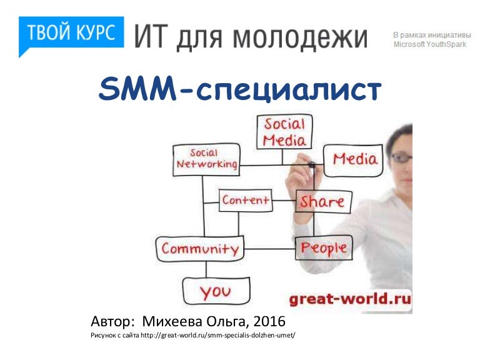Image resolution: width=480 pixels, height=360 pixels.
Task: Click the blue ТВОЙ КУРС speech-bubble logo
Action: [71, 33]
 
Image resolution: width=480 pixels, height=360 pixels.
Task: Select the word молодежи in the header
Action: [300, 37]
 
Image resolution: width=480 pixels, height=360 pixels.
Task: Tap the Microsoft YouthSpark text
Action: [430, 44]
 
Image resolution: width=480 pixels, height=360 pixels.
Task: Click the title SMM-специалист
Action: [240, 89]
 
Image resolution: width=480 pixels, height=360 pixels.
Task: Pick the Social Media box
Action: [284, 132]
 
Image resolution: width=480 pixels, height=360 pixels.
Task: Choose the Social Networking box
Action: [207, 160]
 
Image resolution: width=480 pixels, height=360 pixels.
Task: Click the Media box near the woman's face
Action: [354, 161]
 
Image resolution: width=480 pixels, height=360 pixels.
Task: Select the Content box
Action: [246, 200]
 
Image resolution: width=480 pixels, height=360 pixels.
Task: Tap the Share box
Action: [323, 202]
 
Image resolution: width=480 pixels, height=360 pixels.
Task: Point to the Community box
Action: [200, 249]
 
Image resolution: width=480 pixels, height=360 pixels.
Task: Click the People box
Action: [324, 248]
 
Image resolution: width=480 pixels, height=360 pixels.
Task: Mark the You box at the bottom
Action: [216, 291]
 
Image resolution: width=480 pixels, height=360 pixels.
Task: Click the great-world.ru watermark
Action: [350, 299]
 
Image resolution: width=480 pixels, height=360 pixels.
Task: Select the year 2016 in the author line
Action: [269, 321]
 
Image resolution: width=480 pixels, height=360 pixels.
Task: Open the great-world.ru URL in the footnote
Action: [218, 335]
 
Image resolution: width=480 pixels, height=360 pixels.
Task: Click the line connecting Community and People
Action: [270, 249]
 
